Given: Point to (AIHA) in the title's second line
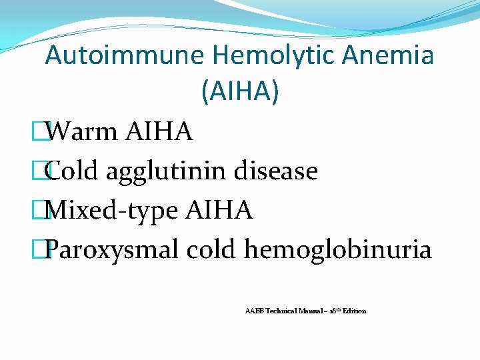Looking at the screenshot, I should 239,92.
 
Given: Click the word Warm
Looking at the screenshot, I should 83,132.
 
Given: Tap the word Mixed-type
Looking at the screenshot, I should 111,211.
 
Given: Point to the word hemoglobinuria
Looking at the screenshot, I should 338,251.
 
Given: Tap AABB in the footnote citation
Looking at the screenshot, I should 253,311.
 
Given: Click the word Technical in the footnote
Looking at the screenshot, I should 279,311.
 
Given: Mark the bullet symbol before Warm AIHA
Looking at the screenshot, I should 45,132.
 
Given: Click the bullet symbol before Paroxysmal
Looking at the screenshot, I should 45,251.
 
